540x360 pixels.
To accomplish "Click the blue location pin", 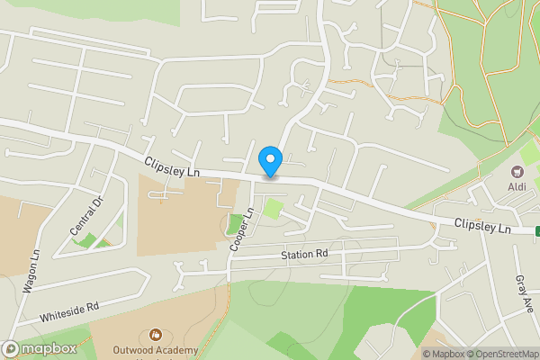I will (270, 161).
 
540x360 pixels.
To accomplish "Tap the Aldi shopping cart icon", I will (517, 171).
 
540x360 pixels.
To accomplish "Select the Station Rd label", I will (304, 256).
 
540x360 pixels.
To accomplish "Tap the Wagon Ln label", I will (31, 270).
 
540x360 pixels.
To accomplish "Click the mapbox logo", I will (40, 348).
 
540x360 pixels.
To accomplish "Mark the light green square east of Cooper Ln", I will (273, 211).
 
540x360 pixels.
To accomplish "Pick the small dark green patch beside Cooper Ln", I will (235, 223).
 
